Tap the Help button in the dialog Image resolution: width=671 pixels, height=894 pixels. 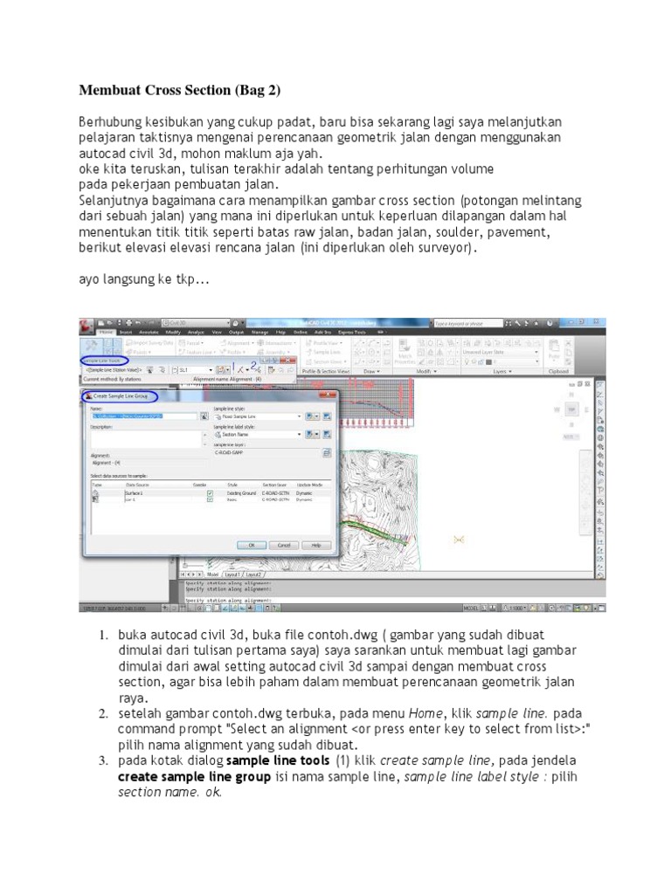pyautogui.click(x=316, y=544)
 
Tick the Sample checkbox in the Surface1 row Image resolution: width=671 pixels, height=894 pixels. pyautogui.click(x=210, y=493)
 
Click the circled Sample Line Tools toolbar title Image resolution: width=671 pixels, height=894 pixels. pyautogui.click(x=103, y=359)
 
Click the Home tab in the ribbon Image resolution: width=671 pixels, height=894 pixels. pyautogui.click(x=107, y=333)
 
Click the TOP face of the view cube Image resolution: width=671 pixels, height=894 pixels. pyautogui.click(x=571, y=409)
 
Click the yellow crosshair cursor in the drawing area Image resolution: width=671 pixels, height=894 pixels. pyautogui.click(x=460, y=539)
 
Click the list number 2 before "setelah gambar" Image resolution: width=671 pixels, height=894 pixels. pyautogui.click(x=102, y=714)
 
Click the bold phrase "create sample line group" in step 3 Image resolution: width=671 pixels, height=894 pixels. pyautogui.click(x=182, y=776)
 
